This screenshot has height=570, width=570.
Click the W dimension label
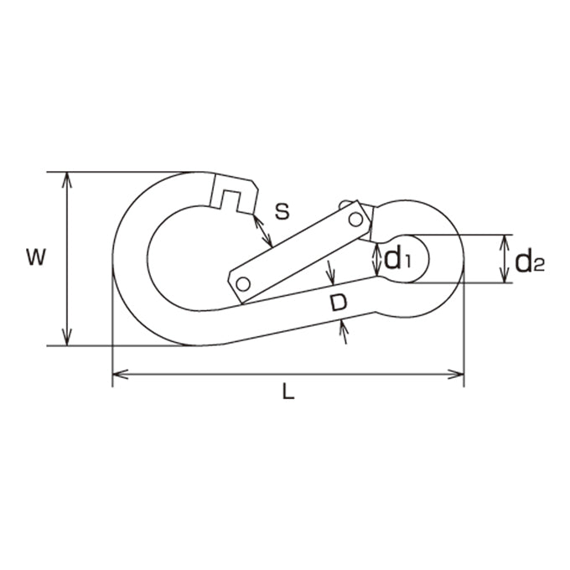coord(36,257)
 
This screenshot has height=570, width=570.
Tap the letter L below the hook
coord(288,391)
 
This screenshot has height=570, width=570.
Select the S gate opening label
coord(282,211)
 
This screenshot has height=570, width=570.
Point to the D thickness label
coord(339,303)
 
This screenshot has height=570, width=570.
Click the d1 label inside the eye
coord(396,258)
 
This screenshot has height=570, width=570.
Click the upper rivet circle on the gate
coord(355,220)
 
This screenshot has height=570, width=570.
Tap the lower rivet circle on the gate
coord(243,284)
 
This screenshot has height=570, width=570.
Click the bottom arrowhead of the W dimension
coord(67,337)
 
